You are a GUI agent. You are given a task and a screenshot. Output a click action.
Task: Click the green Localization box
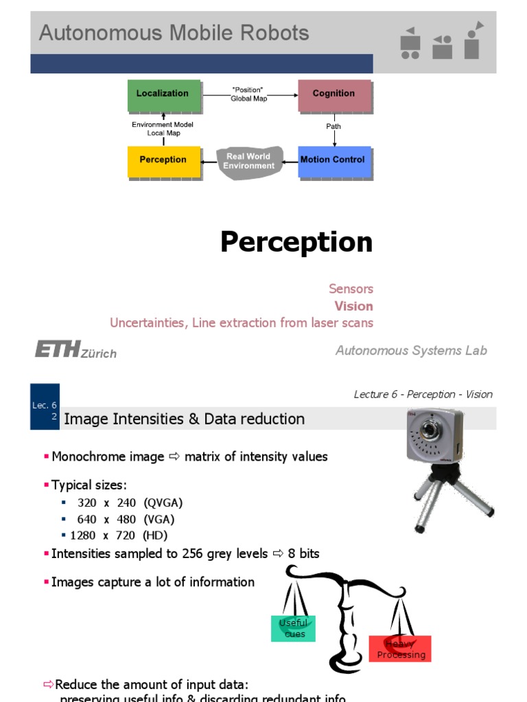tap(163, 95)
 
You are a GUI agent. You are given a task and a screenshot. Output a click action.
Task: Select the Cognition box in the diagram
tap(334, 95)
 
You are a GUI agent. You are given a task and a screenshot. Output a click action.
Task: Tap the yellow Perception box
tap(163, 160)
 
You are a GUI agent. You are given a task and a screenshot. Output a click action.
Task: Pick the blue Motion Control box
tap(333, 160)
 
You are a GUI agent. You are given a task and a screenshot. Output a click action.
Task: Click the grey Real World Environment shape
tap(250, 162)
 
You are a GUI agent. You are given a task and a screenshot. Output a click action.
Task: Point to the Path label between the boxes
tap(333, 127)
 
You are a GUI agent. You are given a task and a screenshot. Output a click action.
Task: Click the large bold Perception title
tap(296, 243)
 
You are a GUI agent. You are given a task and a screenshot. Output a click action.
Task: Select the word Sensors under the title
tap(351, 289)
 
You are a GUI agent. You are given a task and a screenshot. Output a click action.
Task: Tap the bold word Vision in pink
tap(353, 306)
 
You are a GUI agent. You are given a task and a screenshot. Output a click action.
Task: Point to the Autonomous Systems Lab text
tap(411, 350)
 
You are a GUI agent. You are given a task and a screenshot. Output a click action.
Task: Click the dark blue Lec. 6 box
tap(45, 407)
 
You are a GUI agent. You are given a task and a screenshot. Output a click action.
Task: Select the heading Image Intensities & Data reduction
tap(185, 419)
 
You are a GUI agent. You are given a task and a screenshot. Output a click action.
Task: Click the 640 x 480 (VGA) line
tap(130, 519)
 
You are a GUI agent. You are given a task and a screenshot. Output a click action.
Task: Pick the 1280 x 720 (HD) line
tap(118, 535)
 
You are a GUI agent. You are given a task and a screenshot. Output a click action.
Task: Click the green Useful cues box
tap(293, 628)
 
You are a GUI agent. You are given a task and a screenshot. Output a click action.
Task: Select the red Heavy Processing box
tap(400, 649)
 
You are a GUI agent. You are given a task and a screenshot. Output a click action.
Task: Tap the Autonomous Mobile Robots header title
tap(174, 33)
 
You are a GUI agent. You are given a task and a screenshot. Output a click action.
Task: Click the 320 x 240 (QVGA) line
tap(130, 503)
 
